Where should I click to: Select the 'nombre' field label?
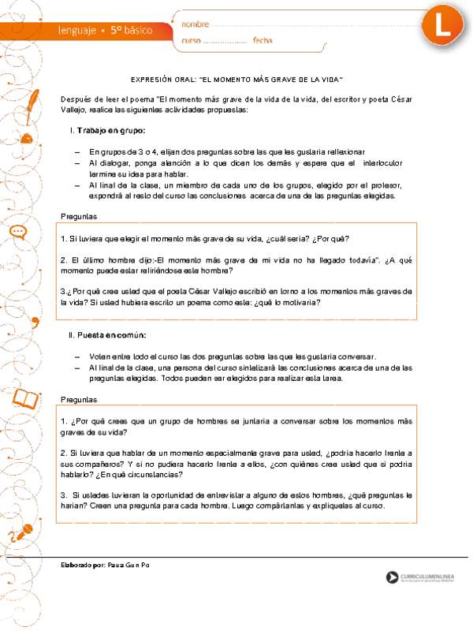coord(196,24)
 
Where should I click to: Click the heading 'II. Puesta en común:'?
coord(107,335)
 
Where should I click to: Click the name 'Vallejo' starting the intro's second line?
coord(73,110)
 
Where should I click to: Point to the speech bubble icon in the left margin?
coord(20,232)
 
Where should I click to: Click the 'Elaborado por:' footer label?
coord(84,567)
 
